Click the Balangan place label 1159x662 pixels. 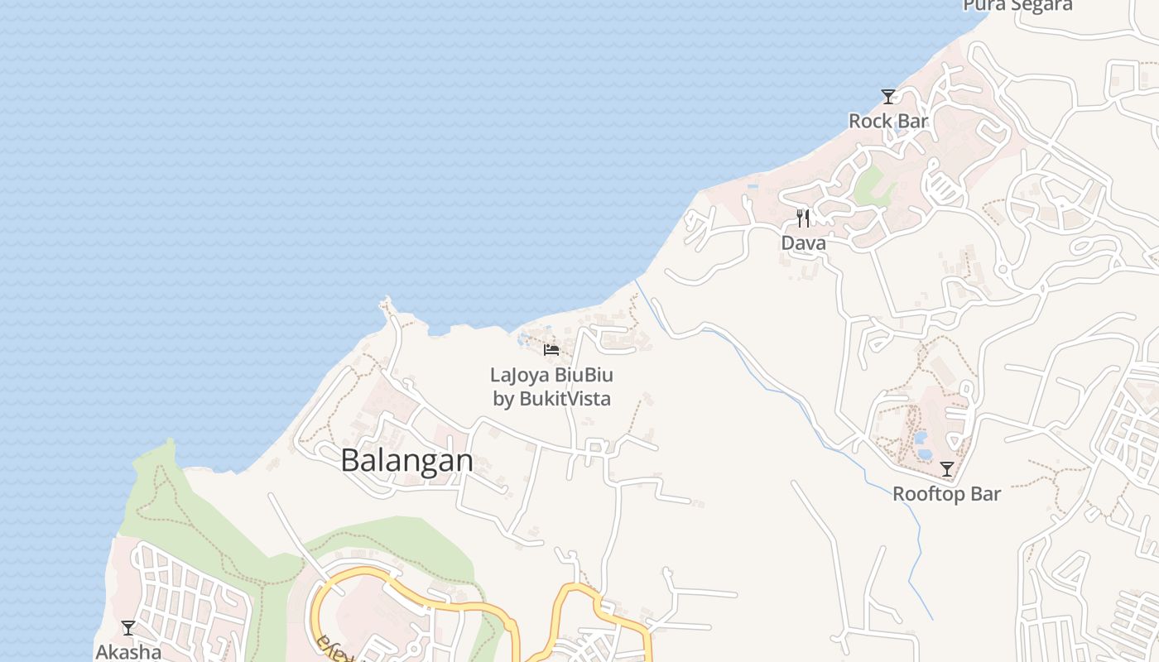406,460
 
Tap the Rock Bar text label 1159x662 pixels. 888,121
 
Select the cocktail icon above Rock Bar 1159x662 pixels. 888,97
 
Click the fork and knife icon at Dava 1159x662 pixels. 803,218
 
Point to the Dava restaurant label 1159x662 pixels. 803,243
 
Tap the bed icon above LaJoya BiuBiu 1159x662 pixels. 551,349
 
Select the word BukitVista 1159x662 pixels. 565,399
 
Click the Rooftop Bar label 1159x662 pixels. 946,494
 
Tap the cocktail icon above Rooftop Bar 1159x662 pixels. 946,469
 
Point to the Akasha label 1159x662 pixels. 128,652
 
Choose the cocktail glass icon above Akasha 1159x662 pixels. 128,628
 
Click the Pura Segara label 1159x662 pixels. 1017,5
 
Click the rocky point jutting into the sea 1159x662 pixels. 387,305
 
